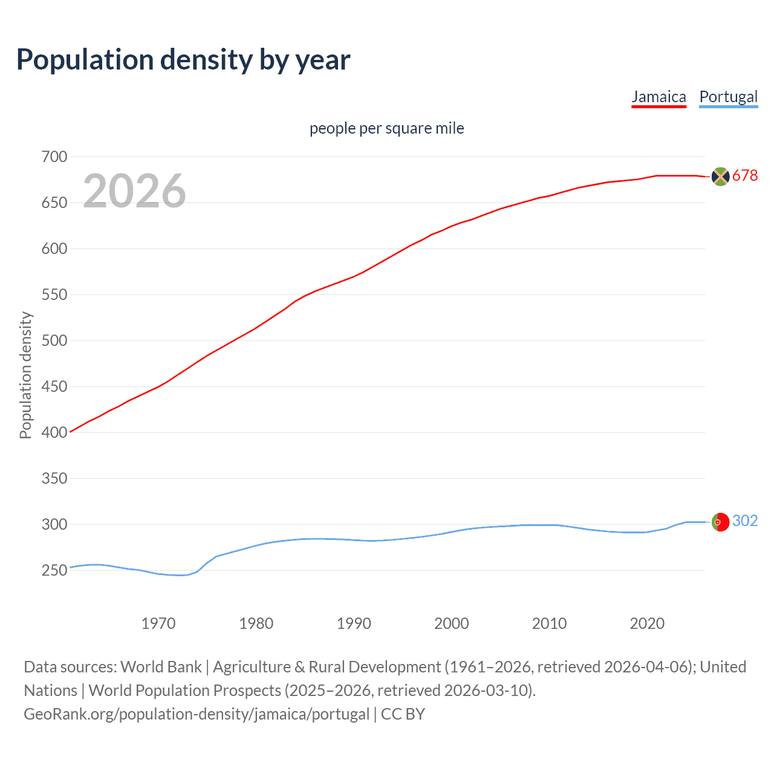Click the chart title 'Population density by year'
pyautogui.click(x=183, y=60)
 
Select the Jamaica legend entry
pyautogui.click(x=659, y=97)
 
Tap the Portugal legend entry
pyautogui.click(x=728, y=97)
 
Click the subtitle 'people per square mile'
pyautogui.click(x=386, y=128)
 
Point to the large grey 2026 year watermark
pyautogui.click(x=134, y=191)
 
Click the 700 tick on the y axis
pyautogui.click(x=54, y=157)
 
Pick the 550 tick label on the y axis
pyautogui.click(x=54, y=294)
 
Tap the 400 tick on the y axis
pyautogui.click(x=54, y=432)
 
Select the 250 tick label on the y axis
pyautogui.click(x=54, y=570)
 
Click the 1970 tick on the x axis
pyautogui.click(x=158, y=623)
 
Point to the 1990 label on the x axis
pyautogui.click(x=354, y=623)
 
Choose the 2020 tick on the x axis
pyautogui.click(x=647, y=623)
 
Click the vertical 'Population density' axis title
pyautogui.click(x=25, y=375)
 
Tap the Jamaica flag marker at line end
pyautogui.click(x=720, y=176)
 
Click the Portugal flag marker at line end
pyautogui.click(x=720, y=522)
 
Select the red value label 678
pyautogui.click(x=745, y=175)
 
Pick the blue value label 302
pyautogui.click(x=745, y=521)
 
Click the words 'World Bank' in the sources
pyautogui.click(x=161, y=667)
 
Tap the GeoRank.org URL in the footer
pyautogui.click(x=197, y=714)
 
